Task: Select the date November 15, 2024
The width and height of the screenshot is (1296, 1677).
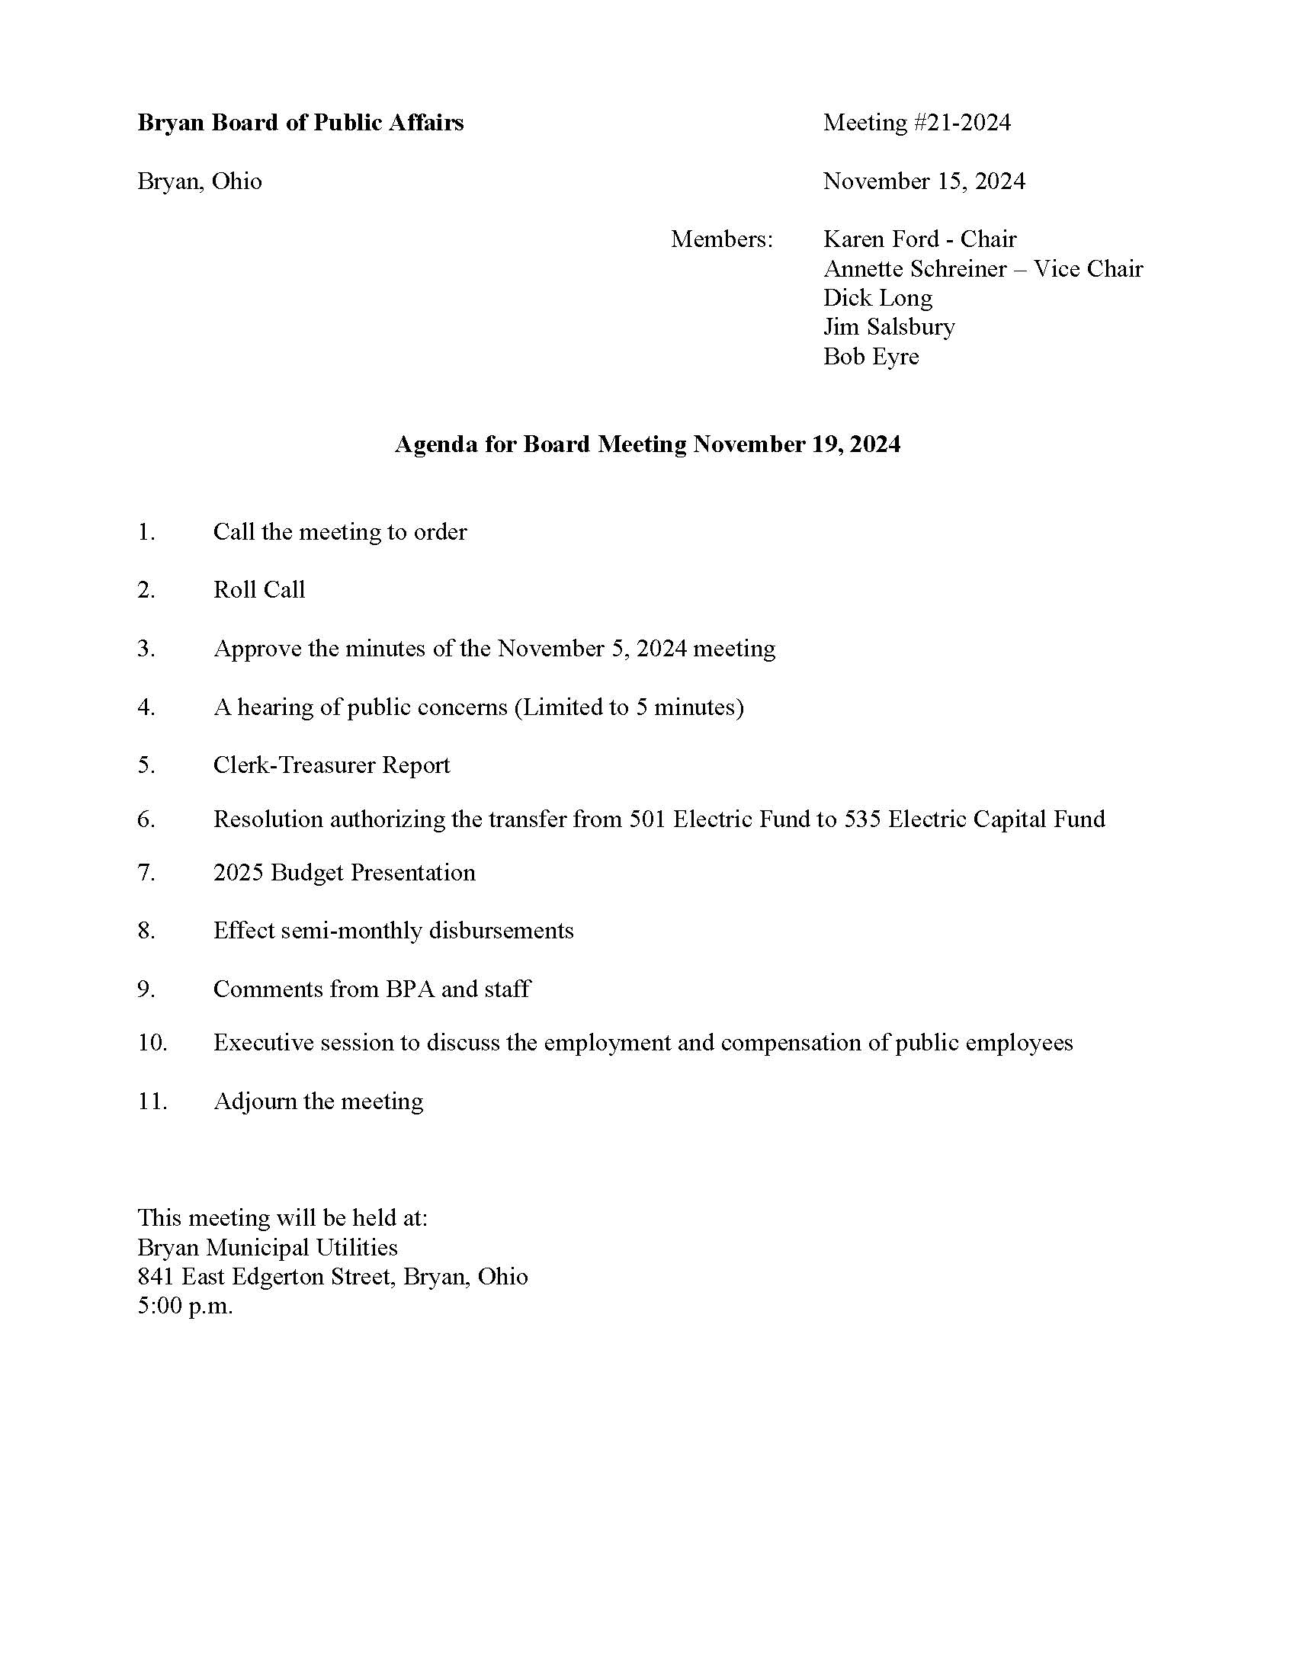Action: pos(924,181)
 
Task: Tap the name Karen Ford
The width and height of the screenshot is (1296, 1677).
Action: pos(881,239)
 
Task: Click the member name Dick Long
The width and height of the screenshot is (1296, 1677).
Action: pos(877,298)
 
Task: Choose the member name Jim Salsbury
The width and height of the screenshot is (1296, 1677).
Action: pos(889,327)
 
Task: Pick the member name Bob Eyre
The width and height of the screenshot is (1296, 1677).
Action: pos(871,356)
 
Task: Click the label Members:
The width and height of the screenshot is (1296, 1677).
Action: pos(722,239)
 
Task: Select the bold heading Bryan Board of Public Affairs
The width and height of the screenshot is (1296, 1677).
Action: pos(300,123)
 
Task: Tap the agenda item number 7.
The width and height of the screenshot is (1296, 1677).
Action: pos(146,873)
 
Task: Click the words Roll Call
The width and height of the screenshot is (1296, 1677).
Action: pos(258,590)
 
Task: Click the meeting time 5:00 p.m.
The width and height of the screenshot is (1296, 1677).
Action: pos(185,1306)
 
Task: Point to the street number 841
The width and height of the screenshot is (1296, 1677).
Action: pos(156,1277)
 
